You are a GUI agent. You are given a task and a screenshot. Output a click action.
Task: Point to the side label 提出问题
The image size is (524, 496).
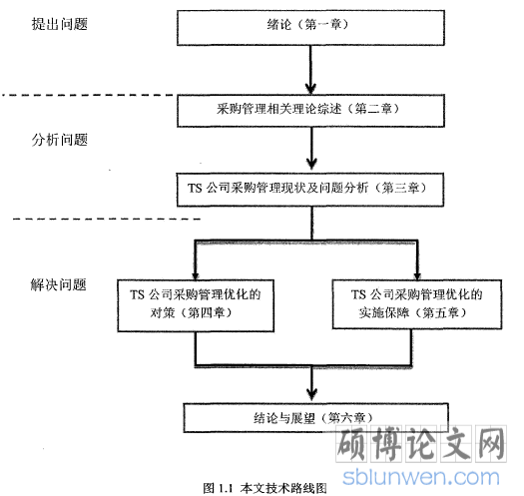[60, 24]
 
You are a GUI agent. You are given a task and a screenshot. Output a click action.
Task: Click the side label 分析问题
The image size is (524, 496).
[60, 140]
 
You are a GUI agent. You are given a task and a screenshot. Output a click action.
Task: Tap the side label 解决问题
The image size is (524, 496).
[59, 284]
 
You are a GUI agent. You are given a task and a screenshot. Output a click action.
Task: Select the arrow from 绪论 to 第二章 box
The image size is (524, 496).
[310, 70]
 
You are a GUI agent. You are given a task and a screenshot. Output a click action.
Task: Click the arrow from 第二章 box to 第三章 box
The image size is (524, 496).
[311, 149]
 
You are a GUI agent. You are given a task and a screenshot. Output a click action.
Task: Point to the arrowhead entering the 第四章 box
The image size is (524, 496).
[196, 275]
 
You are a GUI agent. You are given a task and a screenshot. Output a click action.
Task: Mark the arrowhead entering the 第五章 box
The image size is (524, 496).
[417, 275]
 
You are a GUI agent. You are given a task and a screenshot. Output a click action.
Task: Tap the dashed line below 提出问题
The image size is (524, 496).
[90, 95]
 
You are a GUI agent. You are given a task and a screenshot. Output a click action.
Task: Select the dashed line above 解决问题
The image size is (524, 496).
[107, 220]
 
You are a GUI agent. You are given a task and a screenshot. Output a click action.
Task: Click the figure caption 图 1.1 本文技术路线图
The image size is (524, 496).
[265, 488]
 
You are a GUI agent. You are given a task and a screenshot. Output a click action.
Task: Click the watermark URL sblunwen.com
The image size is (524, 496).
[421, 477]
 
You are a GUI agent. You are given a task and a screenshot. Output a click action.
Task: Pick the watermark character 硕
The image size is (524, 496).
[352, 444]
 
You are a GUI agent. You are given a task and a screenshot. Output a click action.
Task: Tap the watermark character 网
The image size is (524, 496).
[490, 444]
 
